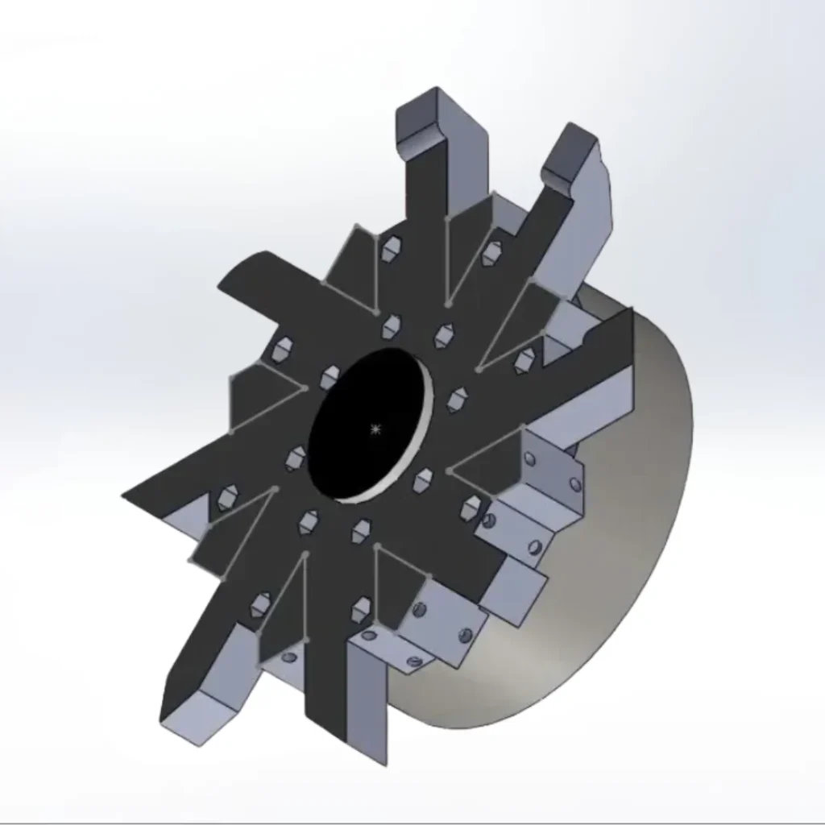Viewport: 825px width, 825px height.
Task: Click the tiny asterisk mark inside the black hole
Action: [375, 429]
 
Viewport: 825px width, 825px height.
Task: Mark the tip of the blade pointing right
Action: [624, 322]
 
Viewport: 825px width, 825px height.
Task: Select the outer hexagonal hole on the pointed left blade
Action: [226, 498]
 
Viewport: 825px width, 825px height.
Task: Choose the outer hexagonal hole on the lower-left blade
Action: [261, 603]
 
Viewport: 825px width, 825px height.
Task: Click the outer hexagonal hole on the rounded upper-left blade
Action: [283, 349]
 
